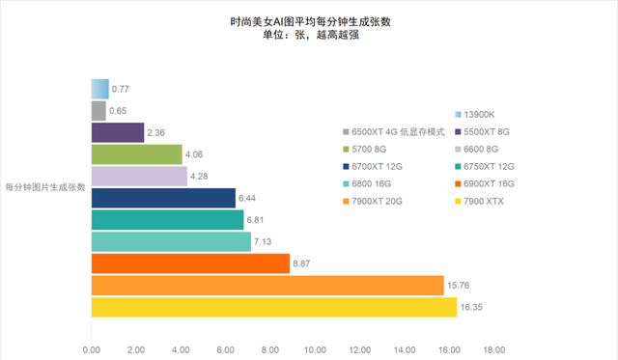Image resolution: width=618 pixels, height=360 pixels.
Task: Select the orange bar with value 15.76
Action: (267, 286)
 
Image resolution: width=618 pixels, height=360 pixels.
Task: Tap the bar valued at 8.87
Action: (190, 263)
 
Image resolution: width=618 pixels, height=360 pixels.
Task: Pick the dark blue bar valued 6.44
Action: (163, 198)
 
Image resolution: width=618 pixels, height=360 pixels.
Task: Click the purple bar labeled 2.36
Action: (118, 132)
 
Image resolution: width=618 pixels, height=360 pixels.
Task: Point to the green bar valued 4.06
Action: (136, 154)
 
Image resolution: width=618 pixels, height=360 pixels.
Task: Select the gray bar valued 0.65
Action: (98, 111)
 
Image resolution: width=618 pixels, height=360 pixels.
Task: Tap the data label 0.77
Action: (121, 90)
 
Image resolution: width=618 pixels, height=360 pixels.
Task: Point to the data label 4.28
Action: (202, 177)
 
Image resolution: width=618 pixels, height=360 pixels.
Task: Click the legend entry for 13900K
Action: (488, 114)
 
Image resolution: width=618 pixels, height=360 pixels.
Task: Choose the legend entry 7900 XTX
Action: (487, 201)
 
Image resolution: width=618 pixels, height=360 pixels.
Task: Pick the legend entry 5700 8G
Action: (372, 149)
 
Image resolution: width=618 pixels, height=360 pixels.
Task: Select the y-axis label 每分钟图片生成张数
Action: (45, 187)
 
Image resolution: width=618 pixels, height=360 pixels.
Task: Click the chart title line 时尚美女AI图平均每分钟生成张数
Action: (310, 20)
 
